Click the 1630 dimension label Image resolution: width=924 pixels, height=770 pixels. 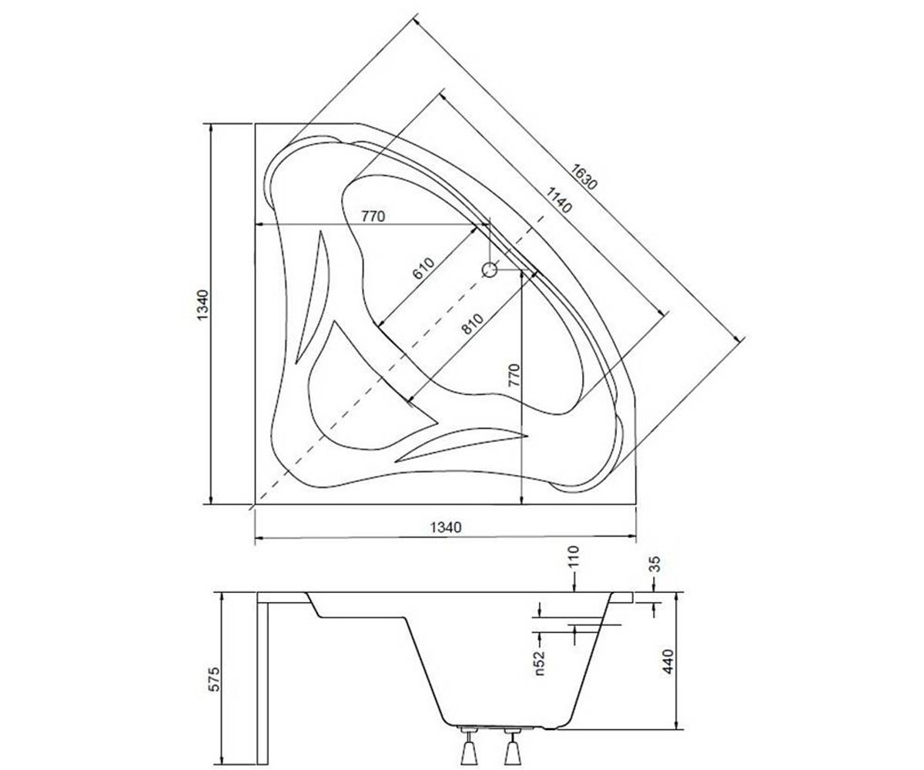[583, 176]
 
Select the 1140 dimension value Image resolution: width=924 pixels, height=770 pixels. [558, 199]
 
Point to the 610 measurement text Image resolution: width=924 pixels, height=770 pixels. [423, 269]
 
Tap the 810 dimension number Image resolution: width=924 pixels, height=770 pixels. [472, 323]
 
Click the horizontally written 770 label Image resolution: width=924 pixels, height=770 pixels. [373, 216]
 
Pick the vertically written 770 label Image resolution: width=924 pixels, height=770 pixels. [514, 376]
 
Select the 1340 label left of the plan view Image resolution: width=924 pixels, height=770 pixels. [202, 306]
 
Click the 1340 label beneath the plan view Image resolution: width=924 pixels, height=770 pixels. [446, 527]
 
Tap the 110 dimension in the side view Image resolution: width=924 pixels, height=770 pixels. [573, 557]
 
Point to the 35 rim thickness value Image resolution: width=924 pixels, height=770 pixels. [654, 564]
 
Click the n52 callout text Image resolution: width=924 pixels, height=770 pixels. [539, 663]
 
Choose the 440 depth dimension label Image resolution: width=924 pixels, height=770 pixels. [668, 661]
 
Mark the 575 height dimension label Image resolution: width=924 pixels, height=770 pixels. [213, 679]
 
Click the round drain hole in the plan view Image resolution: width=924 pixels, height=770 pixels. [490, 269]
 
